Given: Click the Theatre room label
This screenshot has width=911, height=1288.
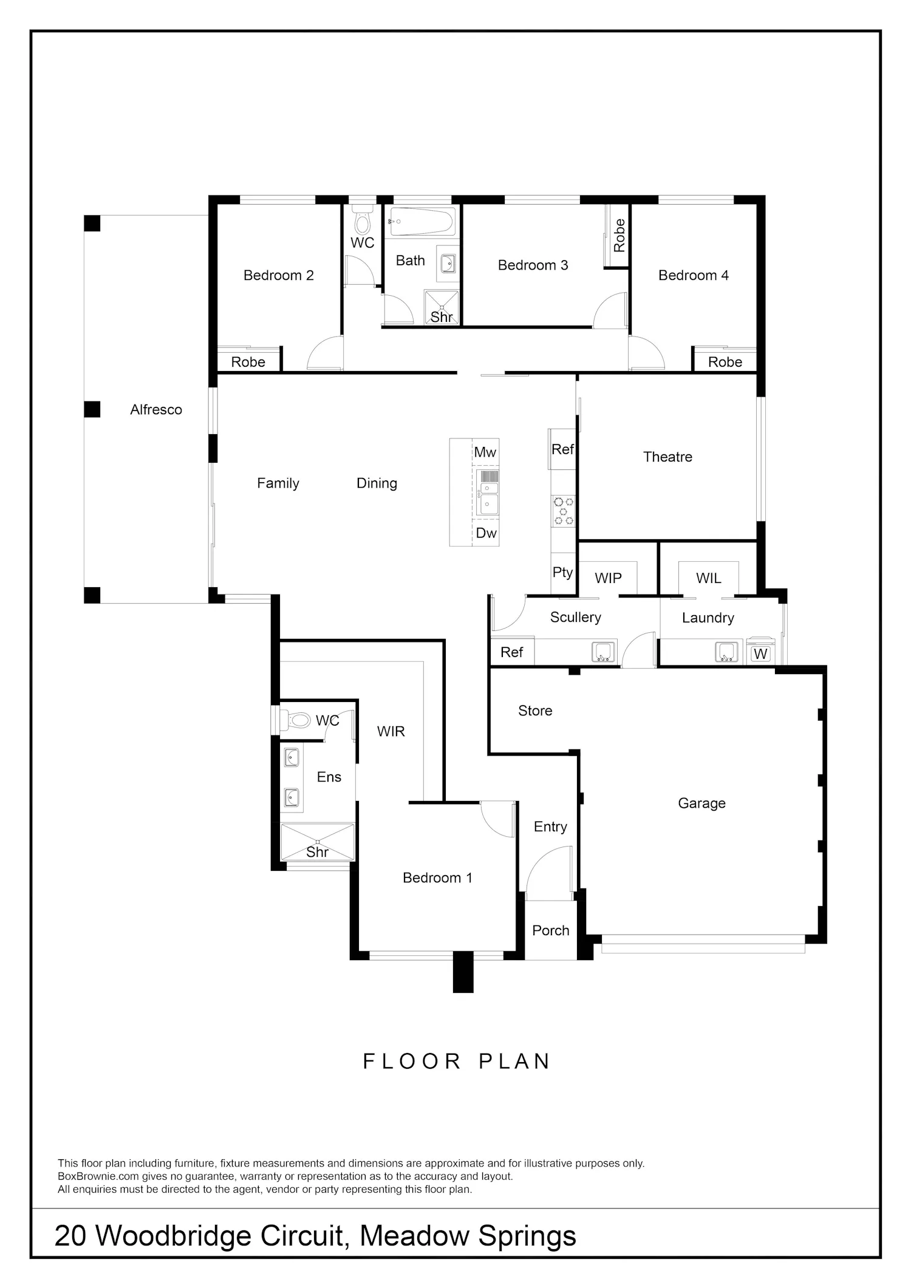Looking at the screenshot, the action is pyautogui.click(x=667, y=457).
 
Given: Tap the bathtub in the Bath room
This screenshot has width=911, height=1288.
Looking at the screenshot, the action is pyautogui.click(x=422, y=222).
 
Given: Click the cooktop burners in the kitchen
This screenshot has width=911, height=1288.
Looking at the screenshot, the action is pyautogui.click(x=563, y=511).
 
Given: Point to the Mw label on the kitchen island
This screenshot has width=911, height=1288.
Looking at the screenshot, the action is pyautogui.click(x=485, y=452).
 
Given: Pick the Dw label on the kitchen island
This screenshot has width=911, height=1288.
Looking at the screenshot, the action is pyautogui.click(x=486, y=533).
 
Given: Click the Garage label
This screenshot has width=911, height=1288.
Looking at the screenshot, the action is pyautogui.click(x=701, y=803).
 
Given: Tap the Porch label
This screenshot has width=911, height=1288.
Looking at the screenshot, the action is pyautogui.click(x=551, y=930).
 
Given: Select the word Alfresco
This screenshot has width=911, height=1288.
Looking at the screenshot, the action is pyautogui.click(x=156, y=410).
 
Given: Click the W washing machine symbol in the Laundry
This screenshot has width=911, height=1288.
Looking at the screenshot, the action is pyautogui.click(x=760, y=653).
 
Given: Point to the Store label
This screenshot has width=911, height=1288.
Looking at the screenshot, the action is pyautogui.click(x=535, y=710).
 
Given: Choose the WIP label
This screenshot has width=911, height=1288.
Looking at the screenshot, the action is pyautogui.click(x=608, y=578).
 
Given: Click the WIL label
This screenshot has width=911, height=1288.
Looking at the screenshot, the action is pyautogui.click(x=709, y=578).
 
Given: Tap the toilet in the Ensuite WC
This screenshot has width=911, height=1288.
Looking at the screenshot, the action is pyautogui.click(x=295, y=720).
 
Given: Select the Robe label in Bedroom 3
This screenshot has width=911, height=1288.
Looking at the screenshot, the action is pyautogui.click(x=619, y=236).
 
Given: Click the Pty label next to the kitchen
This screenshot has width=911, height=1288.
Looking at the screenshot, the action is pyautogui.click(x=562, y=573).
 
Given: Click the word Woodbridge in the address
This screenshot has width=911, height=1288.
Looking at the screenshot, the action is pyautogui.click(x=173, y=1236).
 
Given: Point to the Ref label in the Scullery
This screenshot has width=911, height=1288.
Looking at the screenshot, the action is pyautogui.click(x=511, y=652).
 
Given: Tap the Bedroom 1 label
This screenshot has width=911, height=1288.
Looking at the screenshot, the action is pyautogui.click(x=437, y=877).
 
